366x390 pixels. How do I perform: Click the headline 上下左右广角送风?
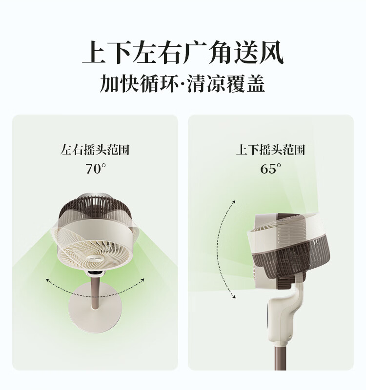click(183, 53)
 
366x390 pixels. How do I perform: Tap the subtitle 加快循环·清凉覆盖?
click(183, 83)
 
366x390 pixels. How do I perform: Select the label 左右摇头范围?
click(95, 150)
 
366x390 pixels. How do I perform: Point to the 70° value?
click(96, 168)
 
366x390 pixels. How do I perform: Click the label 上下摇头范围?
click(271, 150)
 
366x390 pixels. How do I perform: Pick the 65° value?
click(271, 168)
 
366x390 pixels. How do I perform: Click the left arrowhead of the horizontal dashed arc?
click(47, 280)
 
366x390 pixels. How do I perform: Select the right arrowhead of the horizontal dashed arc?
click(142, 280)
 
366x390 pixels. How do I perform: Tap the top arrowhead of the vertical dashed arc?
click(234, 202)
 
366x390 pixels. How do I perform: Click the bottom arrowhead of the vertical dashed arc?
click(234, 296)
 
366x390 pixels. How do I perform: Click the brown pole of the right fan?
click(280, 359)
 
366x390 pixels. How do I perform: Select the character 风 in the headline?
click(272, 53)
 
